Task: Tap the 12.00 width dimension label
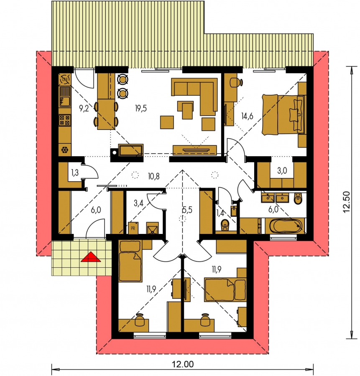183,364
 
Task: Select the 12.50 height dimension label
346,202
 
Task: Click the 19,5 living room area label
140,108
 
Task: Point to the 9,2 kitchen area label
84,109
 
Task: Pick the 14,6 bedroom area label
247,116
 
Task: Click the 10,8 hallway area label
154,176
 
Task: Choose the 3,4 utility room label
138,203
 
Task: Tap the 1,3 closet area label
75,172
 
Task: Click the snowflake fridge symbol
65,150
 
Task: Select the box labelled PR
133,228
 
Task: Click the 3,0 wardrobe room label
282,170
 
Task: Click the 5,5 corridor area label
187,210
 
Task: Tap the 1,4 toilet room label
220,213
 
